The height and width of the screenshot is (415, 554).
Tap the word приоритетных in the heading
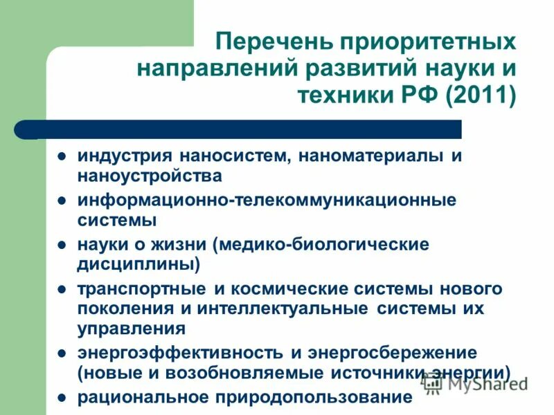[x=427, y=41]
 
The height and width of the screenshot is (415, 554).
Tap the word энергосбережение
[x=391, y=352]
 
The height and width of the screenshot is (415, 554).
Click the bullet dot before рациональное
[x=62, y=398]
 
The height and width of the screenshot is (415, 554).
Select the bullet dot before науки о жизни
[x=62, y=244]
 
